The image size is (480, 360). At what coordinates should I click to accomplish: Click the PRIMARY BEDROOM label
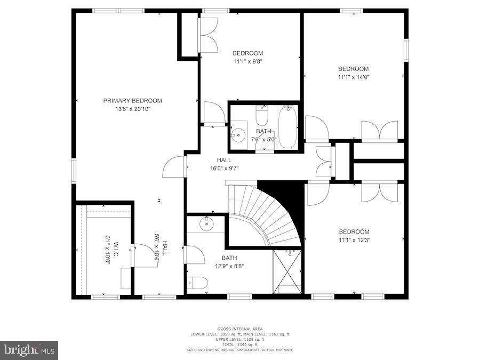pyautogui.click(x=132, y=100)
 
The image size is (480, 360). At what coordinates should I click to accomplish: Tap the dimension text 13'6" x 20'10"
pyautogui.click(x=132, y=109)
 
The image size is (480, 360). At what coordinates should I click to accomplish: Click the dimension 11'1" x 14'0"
pyautogui.click(x=353, y=77)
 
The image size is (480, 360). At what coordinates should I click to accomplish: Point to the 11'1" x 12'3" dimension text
pyautogui.click(x=354, y=239)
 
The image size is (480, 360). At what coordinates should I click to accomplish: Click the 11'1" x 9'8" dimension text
pyautogui.click(x=247, y=61)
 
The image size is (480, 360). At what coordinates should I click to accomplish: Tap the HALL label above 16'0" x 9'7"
pyautogui.click(x=224, y=160)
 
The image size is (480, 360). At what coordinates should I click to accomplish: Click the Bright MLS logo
pyautogui.click(x=30, y=350)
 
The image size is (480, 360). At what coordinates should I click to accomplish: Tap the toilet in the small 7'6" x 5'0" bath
pyautogui.click(x=261, y=116)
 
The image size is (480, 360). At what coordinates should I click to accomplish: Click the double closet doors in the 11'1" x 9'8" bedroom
pyautogui.click(x=208, y=35)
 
